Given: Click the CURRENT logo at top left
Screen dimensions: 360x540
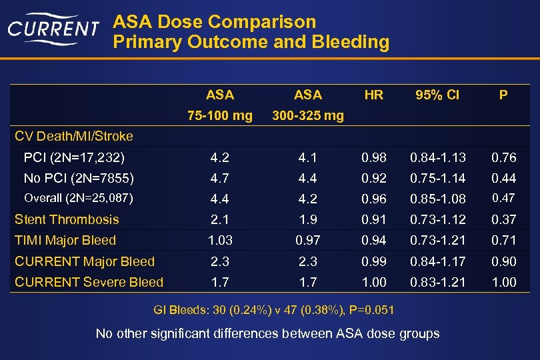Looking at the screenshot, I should tap(53, 28).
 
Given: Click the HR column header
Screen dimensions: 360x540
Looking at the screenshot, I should tap(374, 95).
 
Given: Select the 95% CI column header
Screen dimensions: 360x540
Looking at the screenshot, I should tap(437, 95).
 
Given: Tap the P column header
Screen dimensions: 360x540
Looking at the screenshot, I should tap(503, 95).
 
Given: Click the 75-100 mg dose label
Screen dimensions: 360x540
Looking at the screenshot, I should tap(220, 116).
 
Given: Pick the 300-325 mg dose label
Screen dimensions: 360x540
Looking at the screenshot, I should tap(307, 116).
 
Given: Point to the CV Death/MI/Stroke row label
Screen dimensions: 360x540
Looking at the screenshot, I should tap(74, 137).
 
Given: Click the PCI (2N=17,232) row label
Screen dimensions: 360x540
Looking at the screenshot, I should tap(74, 158).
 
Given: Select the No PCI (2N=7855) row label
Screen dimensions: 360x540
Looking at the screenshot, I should tap(79, 178).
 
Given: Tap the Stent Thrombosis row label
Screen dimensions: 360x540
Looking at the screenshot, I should tap(67, 219).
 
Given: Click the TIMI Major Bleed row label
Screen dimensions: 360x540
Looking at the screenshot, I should tap(65, 240).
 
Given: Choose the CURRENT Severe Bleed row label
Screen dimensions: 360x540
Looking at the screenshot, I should tap(89, 282).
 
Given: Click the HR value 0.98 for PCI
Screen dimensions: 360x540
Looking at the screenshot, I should tap(374, 158).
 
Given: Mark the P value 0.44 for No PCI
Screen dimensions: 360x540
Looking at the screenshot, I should tap(503, 178).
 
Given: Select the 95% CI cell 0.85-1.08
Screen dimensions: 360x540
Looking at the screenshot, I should tap(437, 199).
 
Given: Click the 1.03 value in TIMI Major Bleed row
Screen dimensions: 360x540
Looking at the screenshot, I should tap(220, 240).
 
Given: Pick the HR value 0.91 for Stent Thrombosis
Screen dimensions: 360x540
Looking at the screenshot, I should tap(374, 219).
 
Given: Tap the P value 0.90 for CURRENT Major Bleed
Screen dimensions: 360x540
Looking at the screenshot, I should tap(503, 261).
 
